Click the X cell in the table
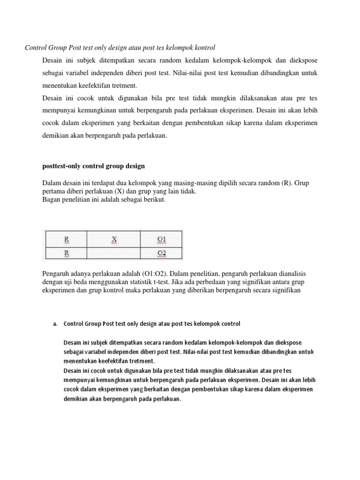click(x=114, y=240)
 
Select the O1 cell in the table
click(x=161, y=240)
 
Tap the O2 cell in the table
click(x=161, y=254)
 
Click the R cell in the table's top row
click(x=67, y=240)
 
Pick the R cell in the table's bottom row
click(x=67, y=254)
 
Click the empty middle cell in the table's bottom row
click(x=114, y=254)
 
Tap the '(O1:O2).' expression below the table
click(x=158, y=273)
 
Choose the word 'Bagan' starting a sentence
click(x=52, y=200)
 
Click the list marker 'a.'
click(x=54, y=323)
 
